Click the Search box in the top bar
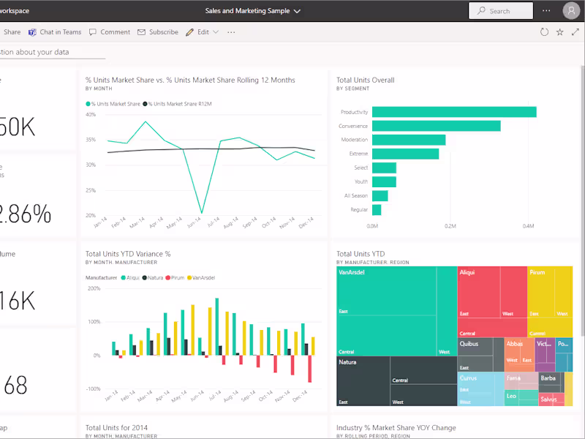click(501, 11)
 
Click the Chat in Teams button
click(55, 32)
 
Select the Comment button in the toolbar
click(110, 32)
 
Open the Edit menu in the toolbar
click(201, 32)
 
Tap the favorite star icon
click(560, 32)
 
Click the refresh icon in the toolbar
click(544, 32)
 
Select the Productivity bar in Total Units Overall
click(454, 112)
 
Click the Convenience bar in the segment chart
click(436, 126)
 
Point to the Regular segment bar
click(377, 210)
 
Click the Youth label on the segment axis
click(361, 181)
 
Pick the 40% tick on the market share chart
click(91, 114)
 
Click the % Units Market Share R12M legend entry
click(177, 104)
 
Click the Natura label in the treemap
click(347, 362)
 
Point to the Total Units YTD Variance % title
click(128, 254)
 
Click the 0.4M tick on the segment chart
click(528, 227)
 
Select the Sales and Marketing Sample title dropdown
click(253, 11)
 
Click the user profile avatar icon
click(570, 11)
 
